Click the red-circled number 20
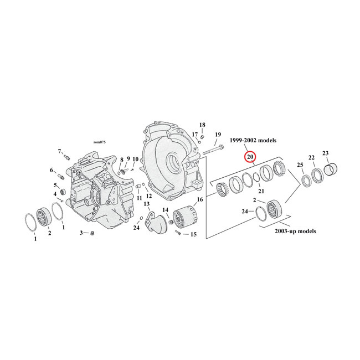tap(250, 157)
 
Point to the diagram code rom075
tap(100, 142)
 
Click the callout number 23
tap(325, 153)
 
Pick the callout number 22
tap(312, 157)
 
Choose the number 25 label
tap(300, 165)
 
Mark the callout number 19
tap(218, 135)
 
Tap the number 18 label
tap(202, 125)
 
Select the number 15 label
tap(193, 234)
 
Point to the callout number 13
tap(147, 204)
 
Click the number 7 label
tap(59, 151)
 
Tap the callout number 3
tap(81, 233)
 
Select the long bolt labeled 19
tap(213, 149)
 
